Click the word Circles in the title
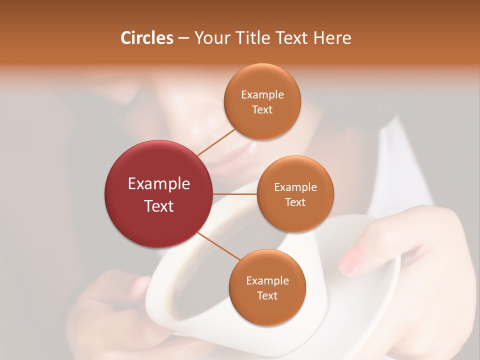147,38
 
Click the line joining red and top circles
216,142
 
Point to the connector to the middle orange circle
235,194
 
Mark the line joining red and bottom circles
217,245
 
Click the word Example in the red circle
159,184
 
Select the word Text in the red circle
159,206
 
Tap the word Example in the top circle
262,95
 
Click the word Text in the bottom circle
267,295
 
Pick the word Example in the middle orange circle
295,187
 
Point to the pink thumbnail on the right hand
352,259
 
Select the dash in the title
183,38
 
